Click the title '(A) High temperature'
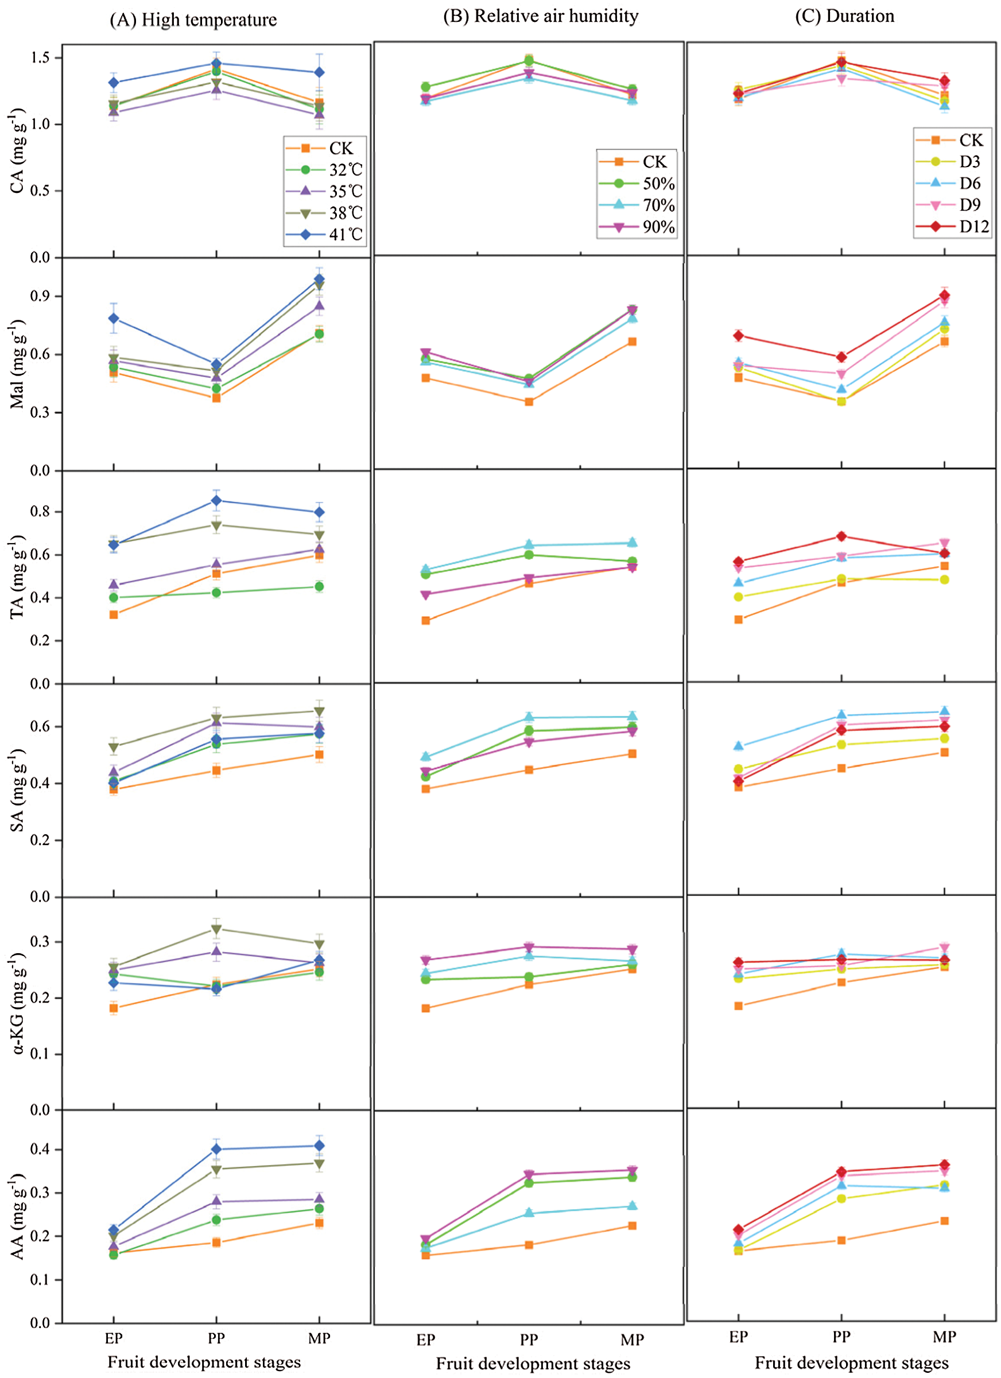tap(193, 20)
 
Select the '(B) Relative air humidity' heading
tap(541, 17)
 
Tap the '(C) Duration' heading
tap(844, 17)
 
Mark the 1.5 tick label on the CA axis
tap(41, 58)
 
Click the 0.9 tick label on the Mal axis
tap(41, 296)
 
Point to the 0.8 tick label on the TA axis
tap(41, 512)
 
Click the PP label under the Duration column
tap(841, 1337)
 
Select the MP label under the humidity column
tap(633, 1340)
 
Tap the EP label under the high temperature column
tap(114, 1338)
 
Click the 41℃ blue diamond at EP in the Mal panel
tap(114, 318)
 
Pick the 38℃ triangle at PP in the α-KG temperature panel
tap(216, 929)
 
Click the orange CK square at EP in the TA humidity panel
tap(426, 620)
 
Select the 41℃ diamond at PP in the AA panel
tap(216, 1149)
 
